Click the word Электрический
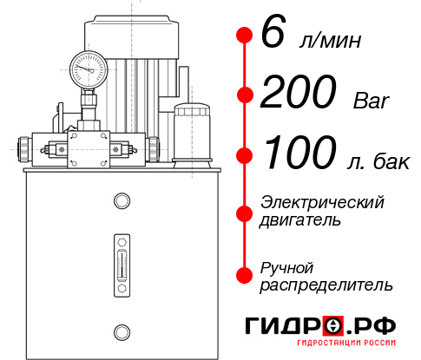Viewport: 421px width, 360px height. pos(322,202)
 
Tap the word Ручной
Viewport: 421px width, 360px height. pos(287,266)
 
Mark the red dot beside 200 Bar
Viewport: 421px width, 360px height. pos(244,95)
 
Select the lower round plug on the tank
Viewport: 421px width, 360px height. pos(121,330)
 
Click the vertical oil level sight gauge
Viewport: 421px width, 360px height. pos(121,264)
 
